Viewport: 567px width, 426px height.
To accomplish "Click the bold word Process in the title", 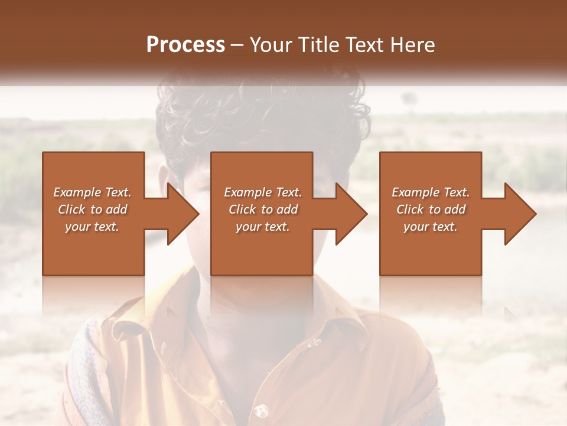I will [185, 45].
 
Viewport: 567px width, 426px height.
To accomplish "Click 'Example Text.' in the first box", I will [92, 192].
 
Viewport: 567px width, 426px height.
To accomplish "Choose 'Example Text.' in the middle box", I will [263, 192].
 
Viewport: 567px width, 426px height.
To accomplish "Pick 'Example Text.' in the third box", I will [431, 192].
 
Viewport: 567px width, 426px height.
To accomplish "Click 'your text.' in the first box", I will [92, 227].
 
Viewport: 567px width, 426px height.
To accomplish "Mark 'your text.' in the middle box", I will [263, 227].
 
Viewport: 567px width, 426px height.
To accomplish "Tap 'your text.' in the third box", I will [431, 227].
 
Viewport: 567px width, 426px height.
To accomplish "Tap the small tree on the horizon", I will [406, 97].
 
